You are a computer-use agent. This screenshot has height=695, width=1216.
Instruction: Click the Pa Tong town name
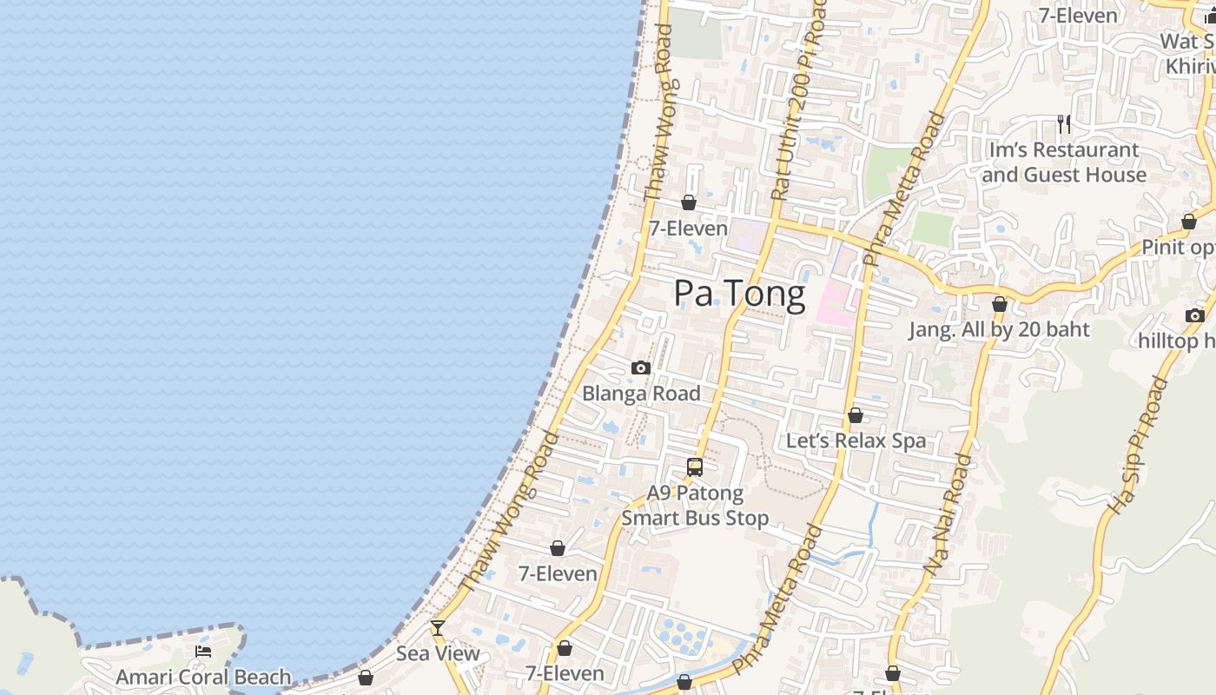coord(739,294)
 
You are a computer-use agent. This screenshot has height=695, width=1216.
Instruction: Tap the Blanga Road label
coord(641,394)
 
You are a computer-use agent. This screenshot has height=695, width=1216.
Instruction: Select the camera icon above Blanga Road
coord(641,368)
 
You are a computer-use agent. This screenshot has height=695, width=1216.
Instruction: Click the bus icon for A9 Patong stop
coord(695,467)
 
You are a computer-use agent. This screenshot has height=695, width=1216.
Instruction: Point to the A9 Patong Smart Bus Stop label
coord(695,506)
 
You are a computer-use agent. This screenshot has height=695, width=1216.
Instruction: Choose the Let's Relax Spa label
coord(856,441)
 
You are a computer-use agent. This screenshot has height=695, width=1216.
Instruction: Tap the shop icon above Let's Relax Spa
coord(856,416)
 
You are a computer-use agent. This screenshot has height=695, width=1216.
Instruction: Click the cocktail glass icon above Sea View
coord(438,627)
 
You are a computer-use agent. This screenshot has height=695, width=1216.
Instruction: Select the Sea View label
coord(438,653)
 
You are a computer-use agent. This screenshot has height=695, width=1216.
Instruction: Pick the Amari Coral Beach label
coord(203,677)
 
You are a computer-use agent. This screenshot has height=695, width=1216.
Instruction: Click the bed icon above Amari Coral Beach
coord(203,652)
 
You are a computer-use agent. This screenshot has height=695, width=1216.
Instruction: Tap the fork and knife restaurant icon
coord(1063,124)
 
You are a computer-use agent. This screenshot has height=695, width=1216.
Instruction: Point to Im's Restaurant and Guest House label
coord(1064,162)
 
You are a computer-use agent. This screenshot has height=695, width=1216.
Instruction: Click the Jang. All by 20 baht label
coord(999,330)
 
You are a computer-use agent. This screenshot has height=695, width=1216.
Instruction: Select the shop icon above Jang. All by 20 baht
coord(1000,305)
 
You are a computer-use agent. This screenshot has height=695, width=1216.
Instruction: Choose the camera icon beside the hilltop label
coord(1195,315)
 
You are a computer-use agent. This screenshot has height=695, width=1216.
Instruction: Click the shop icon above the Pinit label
coord(1189,222)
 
